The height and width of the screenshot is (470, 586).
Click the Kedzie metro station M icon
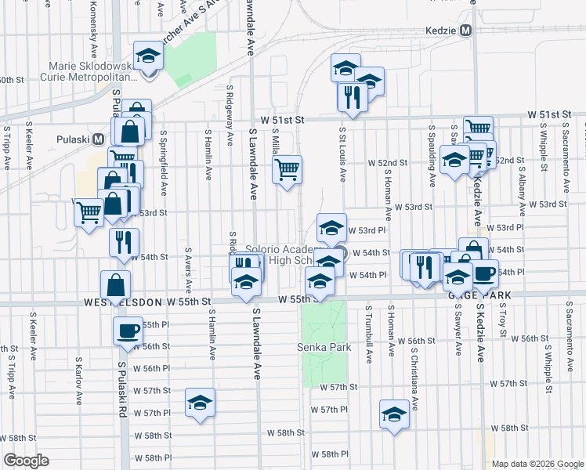pyautogui.click(x=466, y=31)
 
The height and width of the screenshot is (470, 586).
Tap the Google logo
pyautogui.click(x=26, y=461)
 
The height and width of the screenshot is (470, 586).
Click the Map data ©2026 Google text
pyautogui.click(x=537, y=464)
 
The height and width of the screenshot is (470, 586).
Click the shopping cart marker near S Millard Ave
pyautogui.click(x=288, y=168)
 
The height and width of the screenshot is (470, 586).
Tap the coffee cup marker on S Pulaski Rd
pyautogui.click(x=127, y=331)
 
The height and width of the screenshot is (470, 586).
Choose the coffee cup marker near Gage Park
pyautogui.click(x=484, y=274)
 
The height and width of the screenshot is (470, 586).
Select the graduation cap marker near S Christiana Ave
pyautogui.click(x=394, y=414)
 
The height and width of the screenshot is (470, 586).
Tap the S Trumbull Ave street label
pyautogui.click(x=368, y=329)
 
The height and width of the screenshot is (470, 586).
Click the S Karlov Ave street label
pyautogui.click(x=78, y=381)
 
